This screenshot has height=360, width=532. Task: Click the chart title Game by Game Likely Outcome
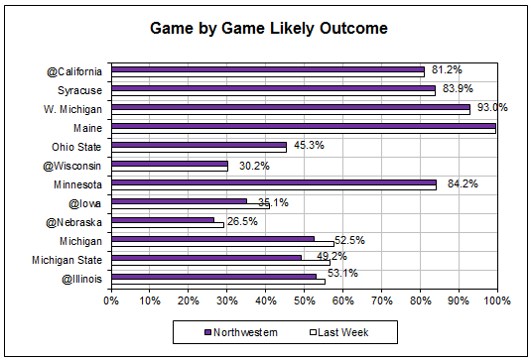point(268,29)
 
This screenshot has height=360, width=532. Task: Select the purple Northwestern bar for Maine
point(303,125)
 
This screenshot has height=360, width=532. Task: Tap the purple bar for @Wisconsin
point(170,163)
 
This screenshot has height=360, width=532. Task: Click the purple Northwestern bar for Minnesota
point(273,181)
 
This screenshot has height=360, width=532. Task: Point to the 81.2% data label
point(445,69)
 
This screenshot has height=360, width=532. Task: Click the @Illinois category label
point(82,279)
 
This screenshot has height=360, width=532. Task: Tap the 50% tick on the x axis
point(304,299)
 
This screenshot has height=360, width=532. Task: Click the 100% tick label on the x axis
point(496,299)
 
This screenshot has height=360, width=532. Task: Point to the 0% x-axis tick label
point(111,299)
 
